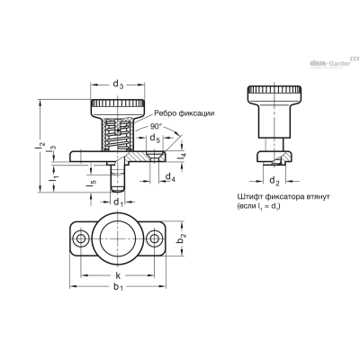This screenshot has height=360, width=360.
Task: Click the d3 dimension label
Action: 118,85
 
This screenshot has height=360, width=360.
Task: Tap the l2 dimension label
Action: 41,148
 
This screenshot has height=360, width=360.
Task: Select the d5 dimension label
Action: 155,139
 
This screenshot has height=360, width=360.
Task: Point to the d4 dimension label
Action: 170,177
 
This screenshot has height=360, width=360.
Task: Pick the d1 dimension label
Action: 118,202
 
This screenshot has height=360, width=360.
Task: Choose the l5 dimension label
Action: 92,184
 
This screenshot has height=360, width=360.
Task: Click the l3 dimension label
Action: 53,148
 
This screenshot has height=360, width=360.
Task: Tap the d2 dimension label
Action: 274,181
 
